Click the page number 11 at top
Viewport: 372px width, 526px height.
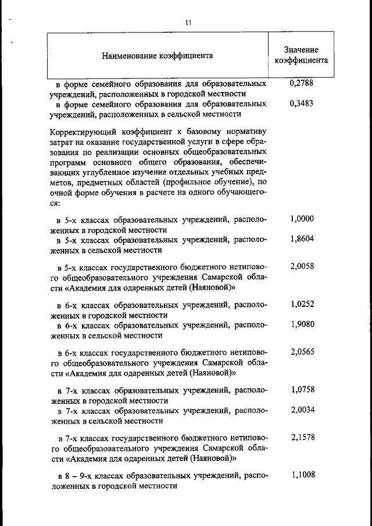(188, 23)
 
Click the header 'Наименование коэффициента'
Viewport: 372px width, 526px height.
(157, 56)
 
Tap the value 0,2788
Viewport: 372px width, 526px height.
(302, 84)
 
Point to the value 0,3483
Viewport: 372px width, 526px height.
(302, 104)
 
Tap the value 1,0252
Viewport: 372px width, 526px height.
(302, 304)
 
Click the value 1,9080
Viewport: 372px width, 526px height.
(302, 324)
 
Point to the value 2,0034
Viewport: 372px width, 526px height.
(302, 410)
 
